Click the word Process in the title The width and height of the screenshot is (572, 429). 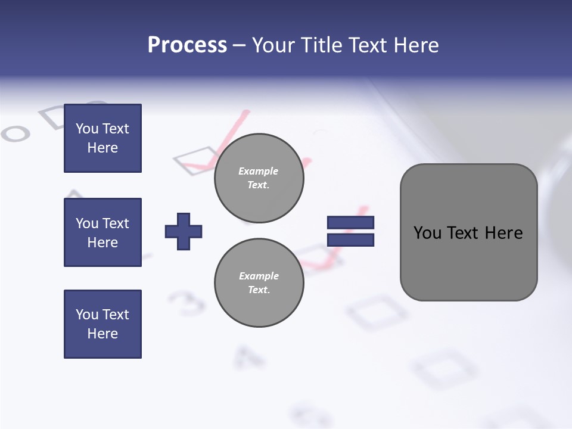[x=187, y=45]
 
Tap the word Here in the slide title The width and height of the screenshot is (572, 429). [x=416, y=45]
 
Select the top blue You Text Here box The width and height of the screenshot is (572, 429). [x=102, y=138]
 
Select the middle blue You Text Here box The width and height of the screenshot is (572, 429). [x=102, y=232]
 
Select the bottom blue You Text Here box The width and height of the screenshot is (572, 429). [x=102, y=324]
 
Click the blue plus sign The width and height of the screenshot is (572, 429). [x=183, y=231]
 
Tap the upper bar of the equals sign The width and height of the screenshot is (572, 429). [x=350, y=222]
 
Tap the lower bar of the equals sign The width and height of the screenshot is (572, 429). [x=350, y=240]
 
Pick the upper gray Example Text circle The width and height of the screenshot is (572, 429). [x=259, y=178]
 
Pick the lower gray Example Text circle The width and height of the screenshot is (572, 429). [x=259, y=282]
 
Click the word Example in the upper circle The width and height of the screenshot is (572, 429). [x=258, y=171]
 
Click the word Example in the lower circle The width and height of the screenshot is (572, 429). [x=259, y=276]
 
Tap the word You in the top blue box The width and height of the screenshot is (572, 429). [x=87, y=129]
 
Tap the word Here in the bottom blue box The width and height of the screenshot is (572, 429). [x=102, y=334]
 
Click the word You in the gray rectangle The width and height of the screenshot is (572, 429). [x=427, y=233]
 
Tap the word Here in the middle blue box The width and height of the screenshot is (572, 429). [x=102, y=243]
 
